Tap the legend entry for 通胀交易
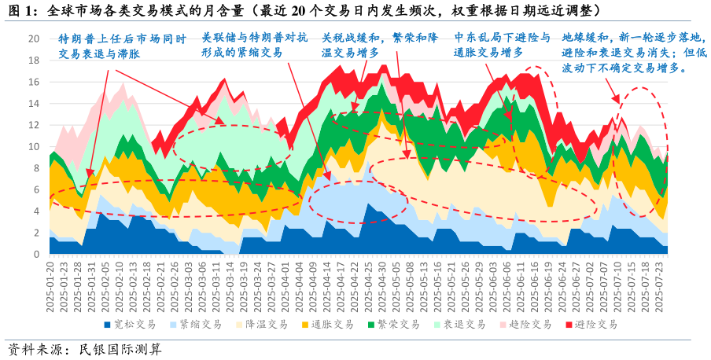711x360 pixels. tap(322, 324)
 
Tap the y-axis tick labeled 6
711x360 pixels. tap(35, 189)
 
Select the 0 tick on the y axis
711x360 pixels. tap(35, 255)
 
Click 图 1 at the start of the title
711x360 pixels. tap(21, 10)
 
